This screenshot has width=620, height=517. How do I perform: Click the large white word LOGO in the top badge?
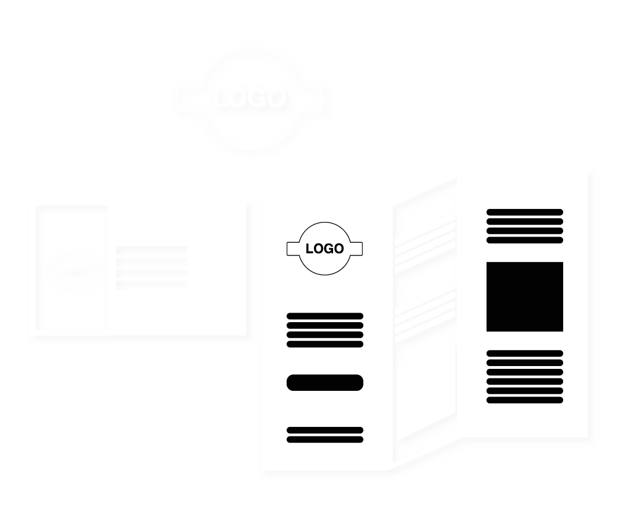click(x=249, y=99)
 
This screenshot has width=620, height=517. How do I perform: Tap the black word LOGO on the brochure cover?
click(x=325, y=248)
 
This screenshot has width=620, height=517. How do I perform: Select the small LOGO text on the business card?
click(x=70, y=268)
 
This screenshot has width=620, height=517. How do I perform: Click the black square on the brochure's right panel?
click(x=524, y=296)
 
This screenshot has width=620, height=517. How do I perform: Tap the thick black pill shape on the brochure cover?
click(x=325, y=382)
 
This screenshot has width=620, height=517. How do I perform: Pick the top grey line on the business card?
click(x=151, y=250)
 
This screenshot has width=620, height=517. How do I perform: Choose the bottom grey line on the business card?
click(x=151, y=285)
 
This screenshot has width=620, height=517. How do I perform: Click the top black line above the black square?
click(x=524, y=212)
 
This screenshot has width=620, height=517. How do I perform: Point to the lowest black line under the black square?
click(x=524, y=400)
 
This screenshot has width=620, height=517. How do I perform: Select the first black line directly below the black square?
click(x=524, y=353)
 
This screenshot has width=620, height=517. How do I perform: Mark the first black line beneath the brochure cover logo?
click(x=325, y=316)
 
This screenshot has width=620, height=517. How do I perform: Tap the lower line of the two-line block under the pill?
click(x=325, y=439)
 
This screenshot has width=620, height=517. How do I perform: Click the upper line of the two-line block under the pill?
click(x=325, y=430)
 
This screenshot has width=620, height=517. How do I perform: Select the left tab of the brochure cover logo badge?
click(x=293, y=248)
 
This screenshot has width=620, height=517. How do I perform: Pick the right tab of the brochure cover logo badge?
click(x=358, y=248)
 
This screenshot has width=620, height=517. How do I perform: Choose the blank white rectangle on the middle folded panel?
click(x=425, y=401)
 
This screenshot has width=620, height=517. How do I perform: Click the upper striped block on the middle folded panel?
click(x=425, y=243)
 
